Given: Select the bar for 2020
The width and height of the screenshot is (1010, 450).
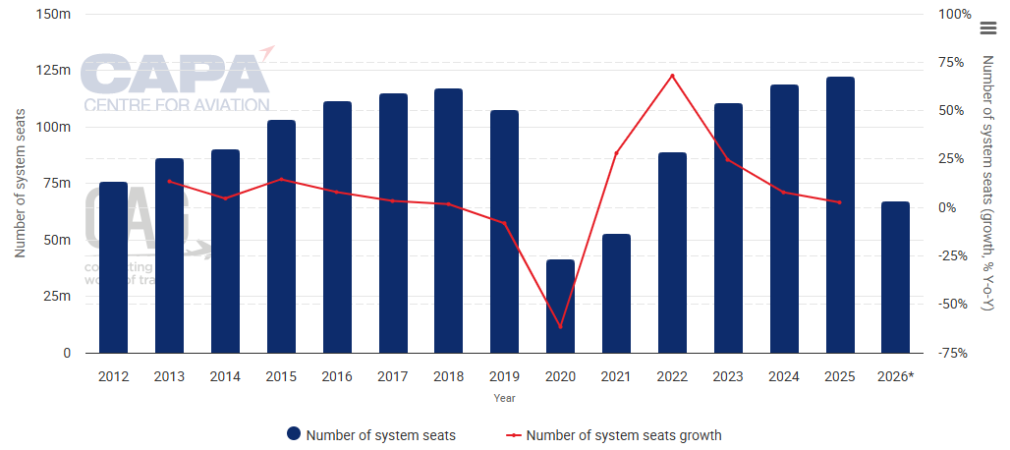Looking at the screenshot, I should point(560,306).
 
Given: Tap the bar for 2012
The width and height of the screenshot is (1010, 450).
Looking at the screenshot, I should point(113,266).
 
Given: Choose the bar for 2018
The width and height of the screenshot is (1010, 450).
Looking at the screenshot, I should point(448,220).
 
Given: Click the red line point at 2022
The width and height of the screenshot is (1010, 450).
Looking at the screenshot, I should point(672,76).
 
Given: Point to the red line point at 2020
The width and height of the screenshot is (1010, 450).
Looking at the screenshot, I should point(560,326).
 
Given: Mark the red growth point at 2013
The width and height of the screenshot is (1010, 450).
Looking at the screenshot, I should point(169,182).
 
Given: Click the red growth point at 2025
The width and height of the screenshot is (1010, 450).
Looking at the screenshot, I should point(840,202).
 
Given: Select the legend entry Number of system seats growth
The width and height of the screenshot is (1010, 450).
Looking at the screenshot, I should point(623,434).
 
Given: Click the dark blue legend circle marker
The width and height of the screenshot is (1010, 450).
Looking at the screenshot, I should point(293,434).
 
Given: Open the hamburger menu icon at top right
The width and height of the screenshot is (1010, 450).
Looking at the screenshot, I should point(988,28).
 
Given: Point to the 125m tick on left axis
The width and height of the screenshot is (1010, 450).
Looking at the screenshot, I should point(54,71).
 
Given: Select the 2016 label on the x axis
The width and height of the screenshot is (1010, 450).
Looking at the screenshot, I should point(337,376).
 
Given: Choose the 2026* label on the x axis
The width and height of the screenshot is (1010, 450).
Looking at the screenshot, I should point(895,376).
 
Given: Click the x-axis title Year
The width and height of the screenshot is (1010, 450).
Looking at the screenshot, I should point(504,399).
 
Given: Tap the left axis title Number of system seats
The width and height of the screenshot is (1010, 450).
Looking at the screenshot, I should point(19,184).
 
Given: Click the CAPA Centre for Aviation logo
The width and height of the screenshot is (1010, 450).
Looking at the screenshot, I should point(177,81).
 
